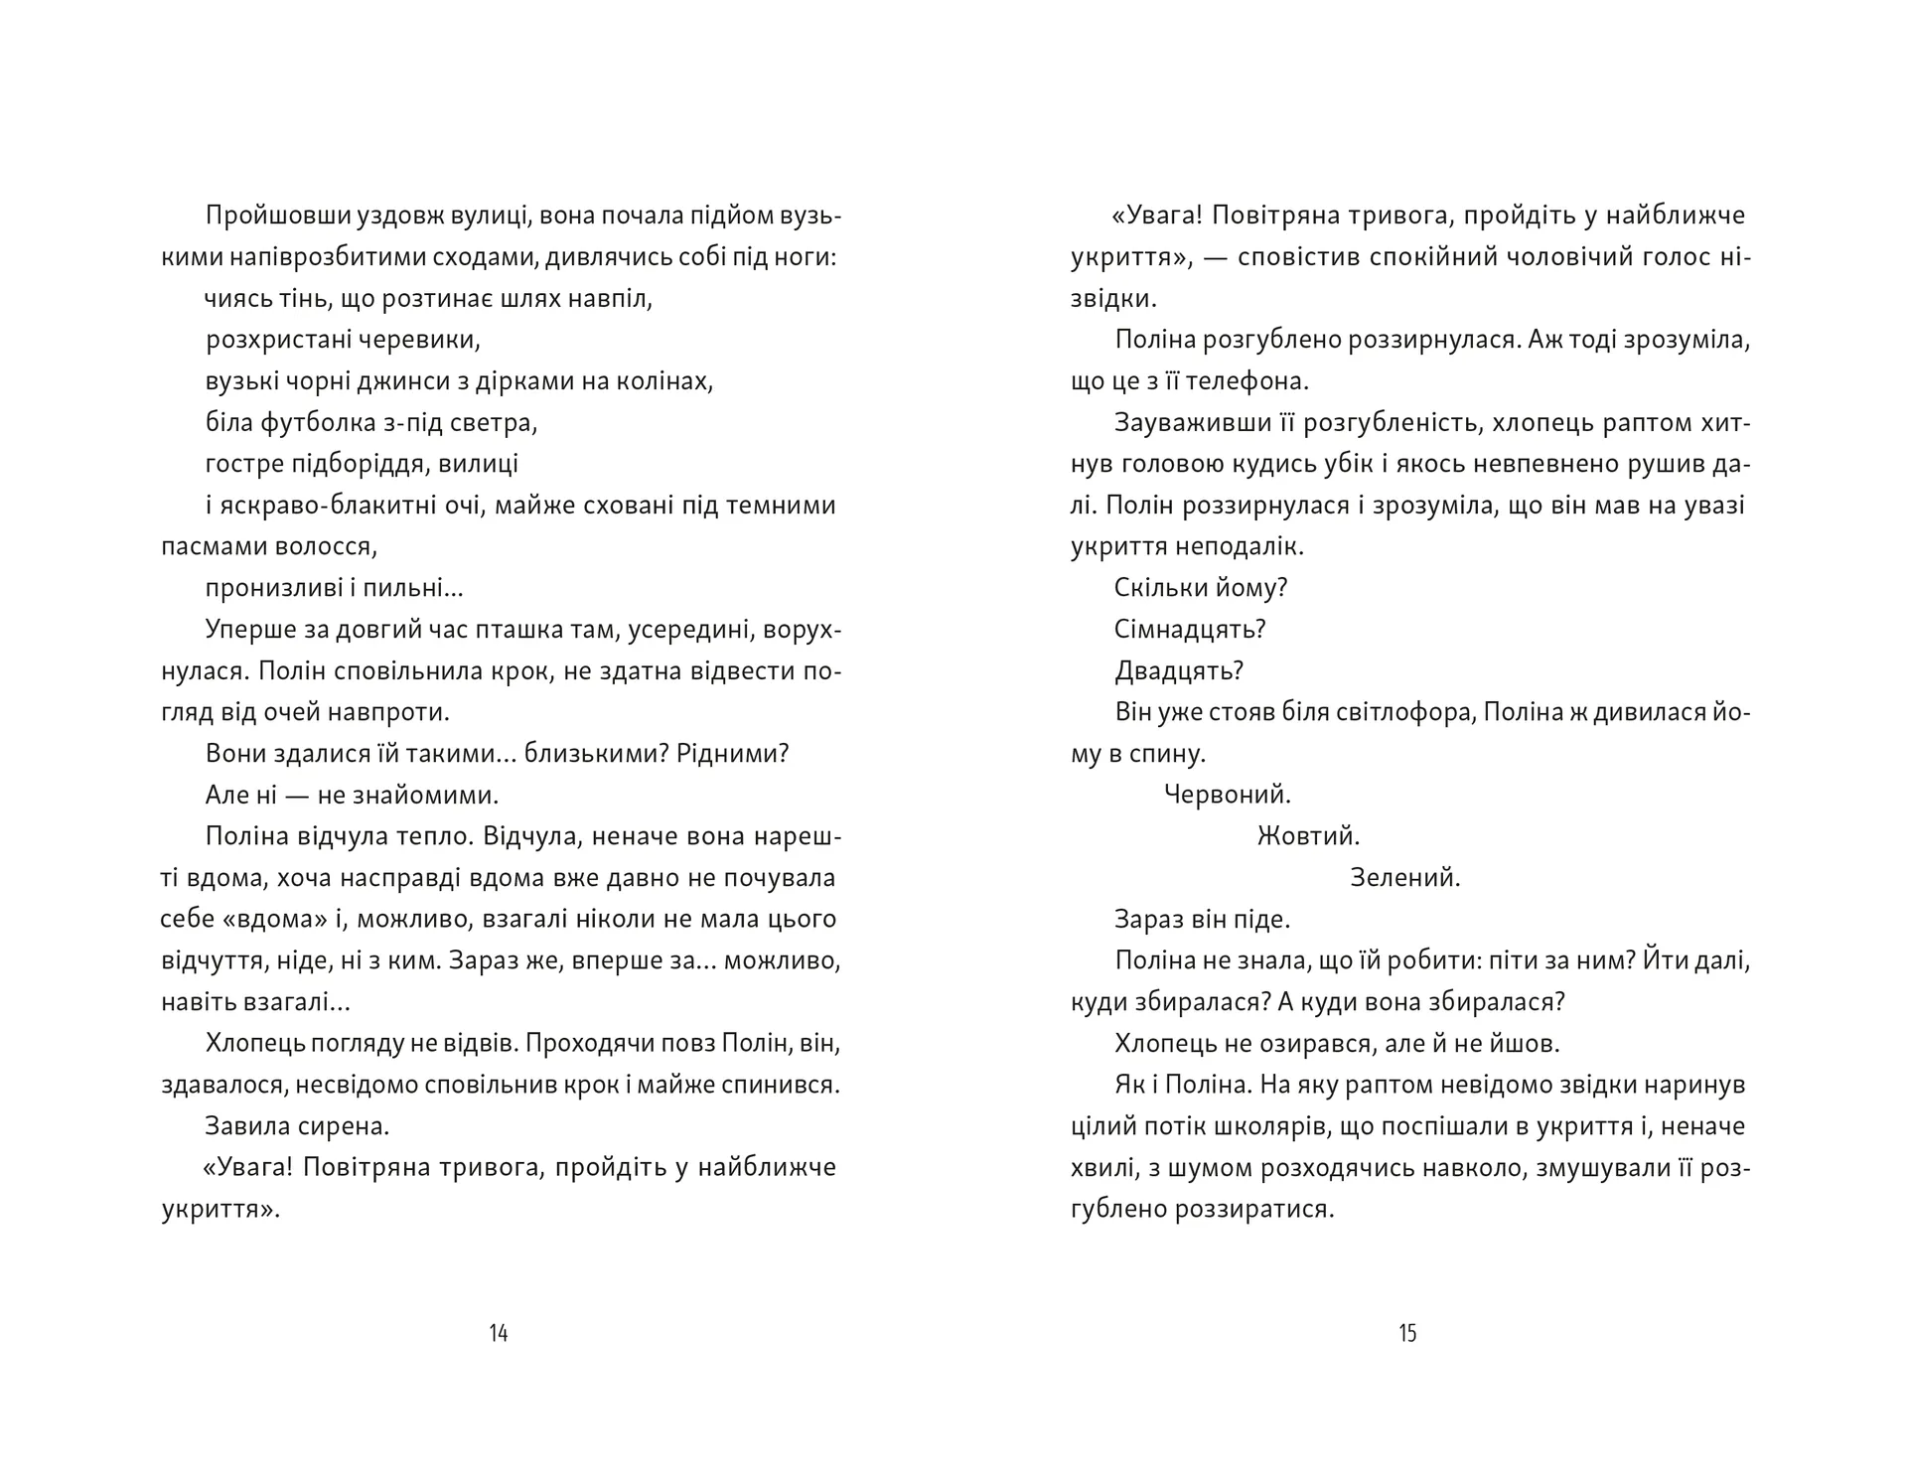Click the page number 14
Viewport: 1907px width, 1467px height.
[x=499, y=1333]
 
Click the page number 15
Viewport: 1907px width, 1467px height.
[x=1407, y=1333]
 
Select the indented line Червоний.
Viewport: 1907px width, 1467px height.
[x=1227, y=795]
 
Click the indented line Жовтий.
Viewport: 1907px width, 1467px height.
[x=1308, y=836]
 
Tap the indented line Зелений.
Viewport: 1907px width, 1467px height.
[x=1405, y=878]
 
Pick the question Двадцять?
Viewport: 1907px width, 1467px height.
[x=1179, y=671]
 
